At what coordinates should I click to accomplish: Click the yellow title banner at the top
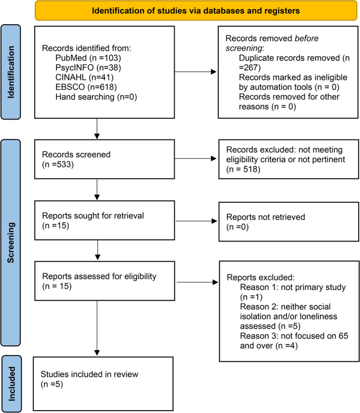pos(196,11)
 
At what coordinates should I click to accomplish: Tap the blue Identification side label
pos(11,72)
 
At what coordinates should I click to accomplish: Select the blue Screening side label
pos(11,243)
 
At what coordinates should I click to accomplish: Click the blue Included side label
pos(11,384)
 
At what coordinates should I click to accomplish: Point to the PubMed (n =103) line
pos(88,58)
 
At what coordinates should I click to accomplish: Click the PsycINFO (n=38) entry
pos(88,68)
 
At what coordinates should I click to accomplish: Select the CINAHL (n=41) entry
pos(85,77)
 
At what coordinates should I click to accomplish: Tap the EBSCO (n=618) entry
pos(86,87)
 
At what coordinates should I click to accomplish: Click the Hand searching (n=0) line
pos(96,97)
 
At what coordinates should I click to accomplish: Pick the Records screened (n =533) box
pos(105,159)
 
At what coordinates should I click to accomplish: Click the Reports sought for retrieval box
pos(105,220)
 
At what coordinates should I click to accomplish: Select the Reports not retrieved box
pos(289,222)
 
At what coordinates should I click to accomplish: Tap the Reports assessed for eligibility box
pos(105,281)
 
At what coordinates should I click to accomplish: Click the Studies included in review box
pos(103,384)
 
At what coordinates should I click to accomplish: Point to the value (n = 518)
pos(243,169)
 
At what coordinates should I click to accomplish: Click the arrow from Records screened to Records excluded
pos(195,158)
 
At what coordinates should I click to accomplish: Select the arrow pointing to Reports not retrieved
pos(196,221)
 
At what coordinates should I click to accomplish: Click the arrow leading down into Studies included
pos(97,328)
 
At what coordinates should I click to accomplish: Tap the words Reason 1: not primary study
pos(293,287)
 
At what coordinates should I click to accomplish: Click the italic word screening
pos(244,48)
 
